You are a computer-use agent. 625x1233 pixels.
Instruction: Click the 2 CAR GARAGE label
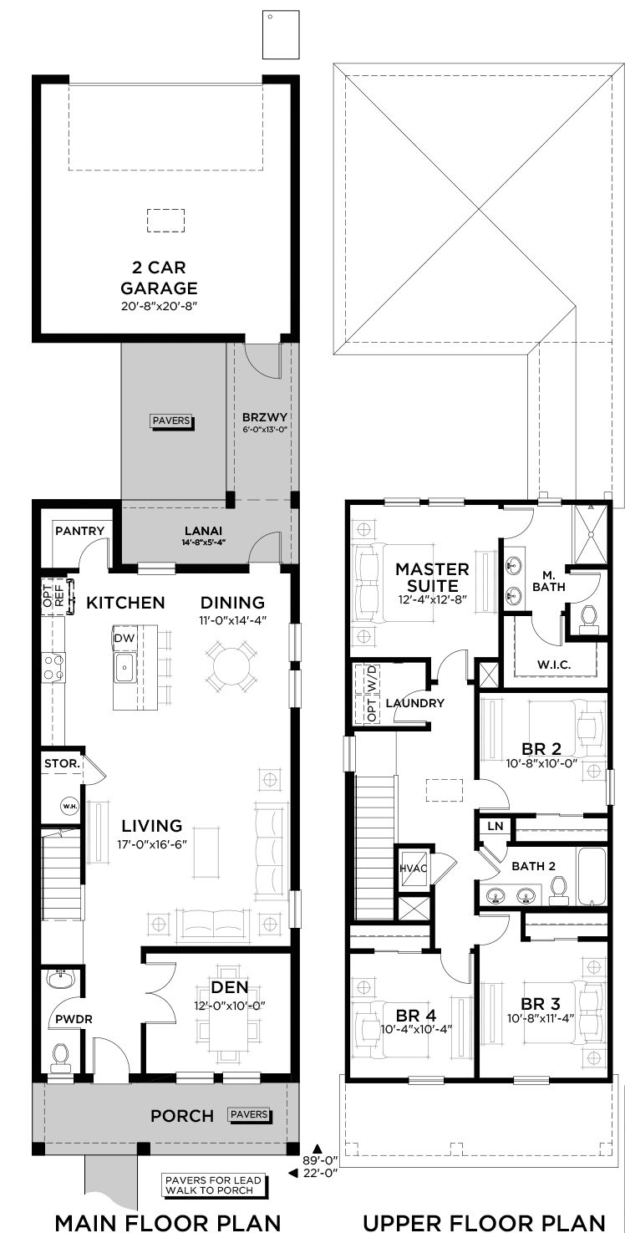point(159,278)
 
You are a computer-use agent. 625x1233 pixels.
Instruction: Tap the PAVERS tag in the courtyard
point(171,421)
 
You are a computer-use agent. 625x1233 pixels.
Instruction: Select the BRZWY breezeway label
point(265,417)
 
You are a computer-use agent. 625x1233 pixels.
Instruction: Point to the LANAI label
point(204,531)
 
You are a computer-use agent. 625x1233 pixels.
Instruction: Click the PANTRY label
point(79,531)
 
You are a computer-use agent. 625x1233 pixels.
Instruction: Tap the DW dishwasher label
point(124,638)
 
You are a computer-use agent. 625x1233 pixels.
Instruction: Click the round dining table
point(231,667)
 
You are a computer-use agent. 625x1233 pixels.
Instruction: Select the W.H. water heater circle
point(70,807)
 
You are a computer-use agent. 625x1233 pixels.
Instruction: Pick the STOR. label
point(62,763)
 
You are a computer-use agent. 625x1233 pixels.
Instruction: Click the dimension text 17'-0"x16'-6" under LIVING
point(152,844)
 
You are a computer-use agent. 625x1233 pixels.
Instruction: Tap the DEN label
point(230,987)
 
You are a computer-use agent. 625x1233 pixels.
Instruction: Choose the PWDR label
point(74,1020)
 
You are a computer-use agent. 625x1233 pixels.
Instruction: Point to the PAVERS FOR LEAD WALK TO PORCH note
point(213,1185)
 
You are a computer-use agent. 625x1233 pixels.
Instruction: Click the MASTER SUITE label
point(433,578)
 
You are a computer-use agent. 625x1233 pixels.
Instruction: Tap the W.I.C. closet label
point(554,665)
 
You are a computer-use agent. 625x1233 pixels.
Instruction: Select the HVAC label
point(413,869)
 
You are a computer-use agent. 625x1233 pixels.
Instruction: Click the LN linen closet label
point(495,826)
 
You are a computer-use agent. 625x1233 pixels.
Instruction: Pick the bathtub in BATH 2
point(592,876)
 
